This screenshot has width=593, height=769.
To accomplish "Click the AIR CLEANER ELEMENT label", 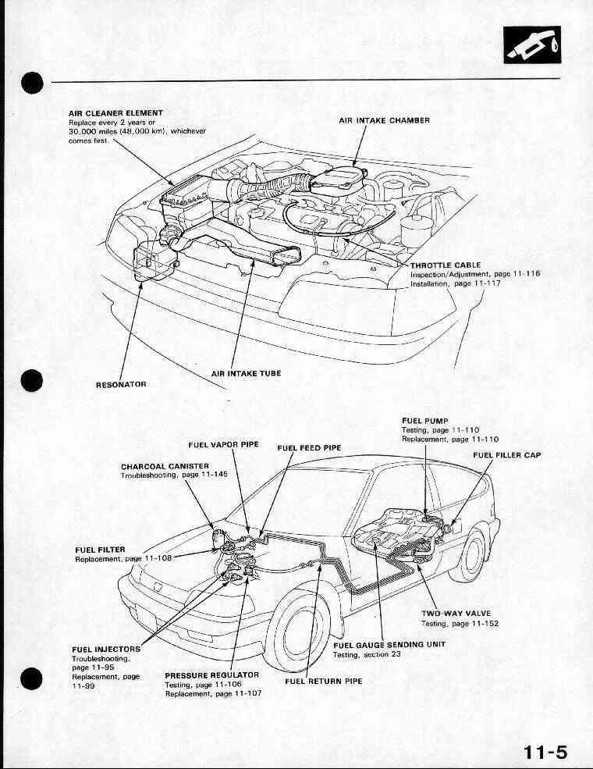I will tap(115, 114).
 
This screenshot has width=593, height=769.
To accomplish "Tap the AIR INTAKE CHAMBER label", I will tap(385, 121).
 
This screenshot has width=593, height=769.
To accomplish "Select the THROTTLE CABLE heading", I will tap(445, 265).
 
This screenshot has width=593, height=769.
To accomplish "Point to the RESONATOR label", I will tap(121, 384).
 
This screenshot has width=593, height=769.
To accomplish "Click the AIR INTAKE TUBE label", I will tap(246, 374).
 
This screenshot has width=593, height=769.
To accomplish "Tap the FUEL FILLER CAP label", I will tap(506, 454).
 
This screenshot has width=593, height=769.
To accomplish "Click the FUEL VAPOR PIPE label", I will tap(223, 444).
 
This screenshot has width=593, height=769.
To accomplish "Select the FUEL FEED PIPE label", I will tap(310, 448).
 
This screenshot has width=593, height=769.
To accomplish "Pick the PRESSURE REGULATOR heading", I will tap(211, 675).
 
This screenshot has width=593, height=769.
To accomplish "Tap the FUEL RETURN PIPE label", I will tap(324, 681).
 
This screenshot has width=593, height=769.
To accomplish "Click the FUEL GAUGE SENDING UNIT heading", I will tap(389, 645).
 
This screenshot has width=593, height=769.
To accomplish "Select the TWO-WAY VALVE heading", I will tap(456, 613).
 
